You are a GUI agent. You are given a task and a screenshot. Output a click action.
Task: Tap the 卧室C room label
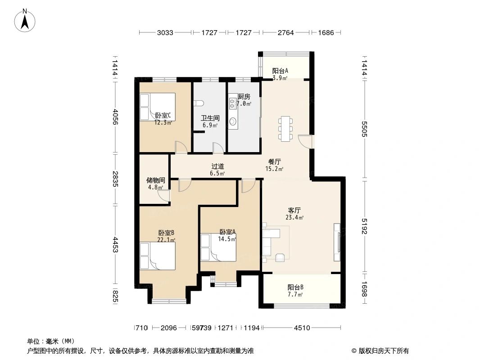click(x=163, y=116)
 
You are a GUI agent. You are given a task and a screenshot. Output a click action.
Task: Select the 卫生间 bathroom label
click(x=209, y=118)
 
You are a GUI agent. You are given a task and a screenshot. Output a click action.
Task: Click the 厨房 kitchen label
click(x=244, y=97)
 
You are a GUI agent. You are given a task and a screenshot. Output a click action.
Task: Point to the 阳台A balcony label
click(x=280, y=71)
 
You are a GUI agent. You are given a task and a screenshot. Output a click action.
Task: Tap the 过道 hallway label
click(x=217, y=166)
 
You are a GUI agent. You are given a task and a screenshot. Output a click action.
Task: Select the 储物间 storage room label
click(x=155, y=180)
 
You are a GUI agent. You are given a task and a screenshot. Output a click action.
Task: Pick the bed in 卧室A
click(x=218, y=247)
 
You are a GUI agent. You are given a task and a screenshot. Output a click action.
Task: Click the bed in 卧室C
click(x=157, y=107)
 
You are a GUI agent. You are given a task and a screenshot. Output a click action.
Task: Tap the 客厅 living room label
click(x=294, y=210)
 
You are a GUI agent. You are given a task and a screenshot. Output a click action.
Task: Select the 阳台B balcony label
click(x=295, y=288)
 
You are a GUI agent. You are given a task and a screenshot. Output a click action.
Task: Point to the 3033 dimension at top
click(x=165, y=33)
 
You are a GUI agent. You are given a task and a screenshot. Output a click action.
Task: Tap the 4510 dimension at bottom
click(x=302, y=328)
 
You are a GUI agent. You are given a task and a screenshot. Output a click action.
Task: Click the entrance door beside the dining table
click(x=306, y=141)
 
